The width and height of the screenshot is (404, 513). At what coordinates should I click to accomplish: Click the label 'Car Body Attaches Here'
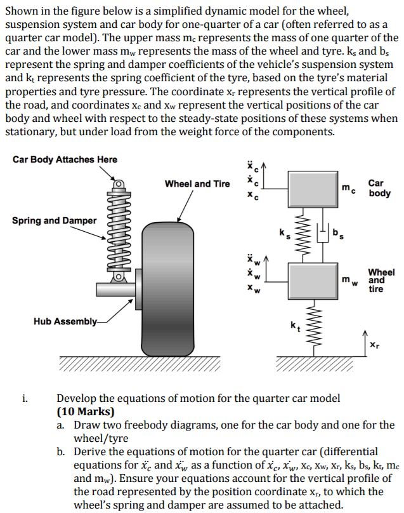click(65, 159)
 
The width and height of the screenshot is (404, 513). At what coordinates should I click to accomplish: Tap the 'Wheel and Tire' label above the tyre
click(197, 183)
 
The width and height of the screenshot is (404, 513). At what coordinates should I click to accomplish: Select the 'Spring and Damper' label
click(54, 220)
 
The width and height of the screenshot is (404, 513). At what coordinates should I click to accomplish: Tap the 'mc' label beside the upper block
click(349, 189)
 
